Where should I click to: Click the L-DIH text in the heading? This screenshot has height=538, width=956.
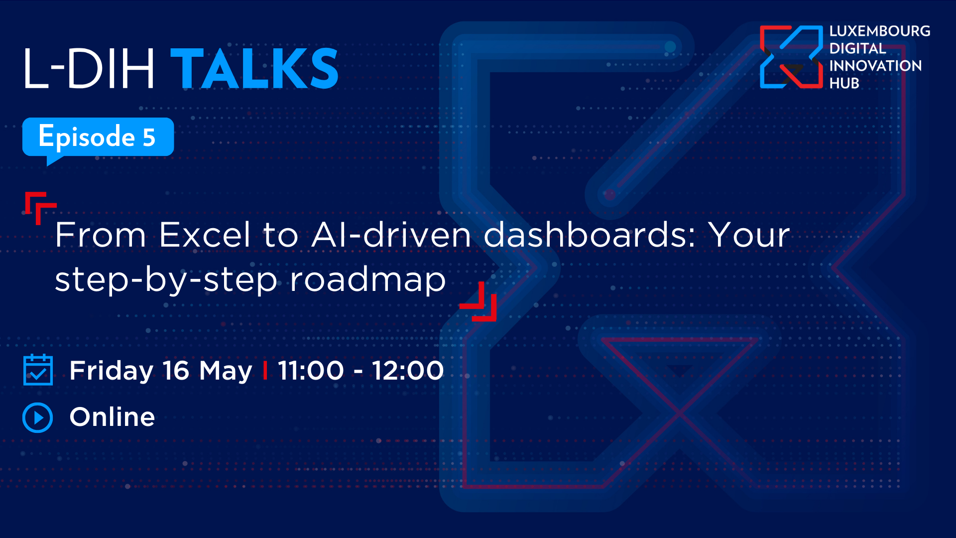click(89, 69)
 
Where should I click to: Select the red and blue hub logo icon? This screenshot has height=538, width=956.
click(791, 57)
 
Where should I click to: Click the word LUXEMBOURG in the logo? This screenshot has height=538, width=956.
click(880, 31)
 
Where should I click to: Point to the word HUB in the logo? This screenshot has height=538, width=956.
click(844, 83)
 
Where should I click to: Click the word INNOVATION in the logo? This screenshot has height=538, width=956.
click(875, 66)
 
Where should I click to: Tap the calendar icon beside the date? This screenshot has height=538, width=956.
click(38, 370)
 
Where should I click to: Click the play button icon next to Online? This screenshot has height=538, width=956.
click(38, 417)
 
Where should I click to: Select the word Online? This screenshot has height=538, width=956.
click(113, 417)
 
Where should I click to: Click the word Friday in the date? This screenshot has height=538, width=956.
click(112, 371)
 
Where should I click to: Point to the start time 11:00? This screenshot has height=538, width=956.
click(311, 371)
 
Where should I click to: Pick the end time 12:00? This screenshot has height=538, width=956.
click(408, 371)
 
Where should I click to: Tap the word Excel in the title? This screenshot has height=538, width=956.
click(205, 235)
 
